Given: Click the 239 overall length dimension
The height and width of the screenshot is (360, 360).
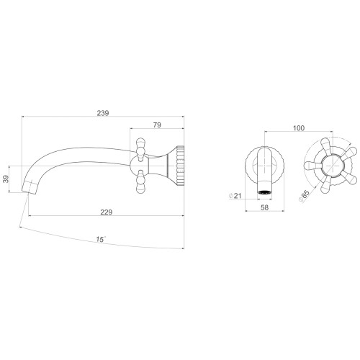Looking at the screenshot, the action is [103, 113].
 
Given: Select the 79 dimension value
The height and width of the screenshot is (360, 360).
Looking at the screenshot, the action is [157, 125].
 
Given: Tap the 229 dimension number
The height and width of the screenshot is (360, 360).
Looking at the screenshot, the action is [107, 212].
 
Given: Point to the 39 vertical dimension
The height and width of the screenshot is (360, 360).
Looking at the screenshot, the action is [6, 179].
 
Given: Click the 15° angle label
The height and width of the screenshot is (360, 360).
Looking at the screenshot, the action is [101, 239].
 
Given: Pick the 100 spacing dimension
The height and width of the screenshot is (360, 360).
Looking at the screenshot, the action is [299, 128].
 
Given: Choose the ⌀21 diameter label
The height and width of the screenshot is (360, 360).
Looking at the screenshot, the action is [235, 196].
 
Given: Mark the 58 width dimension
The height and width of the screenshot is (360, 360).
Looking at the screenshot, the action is [264, 207].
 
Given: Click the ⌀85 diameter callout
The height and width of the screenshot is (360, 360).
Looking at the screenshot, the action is [304, 196].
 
